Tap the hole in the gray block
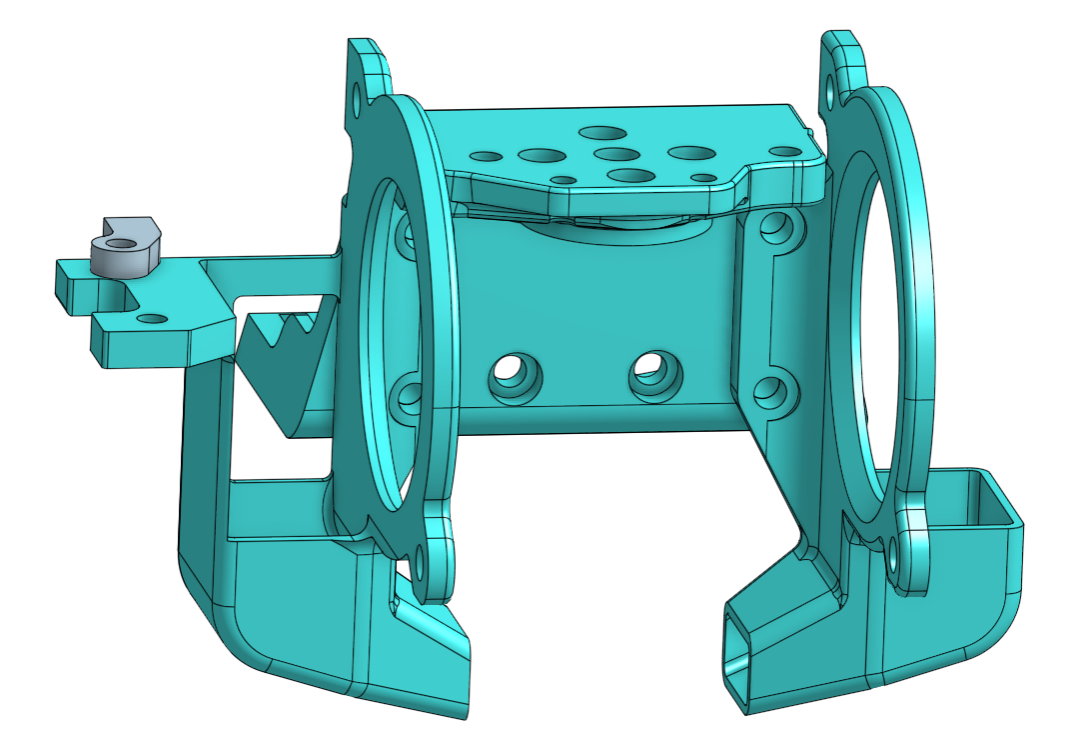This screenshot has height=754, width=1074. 122,243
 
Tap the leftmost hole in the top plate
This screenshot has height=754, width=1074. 487,157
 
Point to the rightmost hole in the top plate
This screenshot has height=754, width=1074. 786,151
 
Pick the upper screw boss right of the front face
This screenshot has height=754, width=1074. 775,230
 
